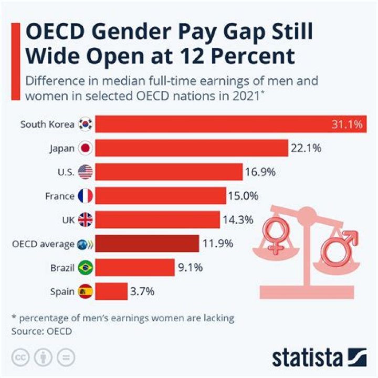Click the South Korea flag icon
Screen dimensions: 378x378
[x=85, y=124]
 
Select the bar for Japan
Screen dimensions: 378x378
[x=192, y=148]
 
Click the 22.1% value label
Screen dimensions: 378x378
[x=306, y=148]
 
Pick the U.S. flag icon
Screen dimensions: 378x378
[x=85, y=172]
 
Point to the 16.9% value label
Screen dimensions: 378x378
[x=260, y=172]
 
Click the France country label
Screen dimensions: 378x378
[x=60, y=196]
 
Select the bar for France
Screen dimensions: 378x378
[x=161, y=196]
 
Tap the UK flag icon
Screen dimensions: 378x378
[x=85, y=220]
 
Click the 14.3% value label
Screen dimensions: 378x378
[x=237, y=220]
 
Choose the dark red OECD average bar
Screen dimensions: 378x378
[x=147, y=244]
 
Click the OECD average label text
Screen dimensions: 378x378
[x=43, y=244]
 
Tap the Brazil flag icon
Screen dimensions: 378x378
[x=85, y=268]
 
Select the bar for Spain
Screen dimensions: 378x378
[x=111, y=291]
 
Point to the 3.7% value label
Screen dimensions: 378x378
[x=143, y=291]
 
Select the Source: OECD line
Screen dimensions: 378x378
[x=41, y=331]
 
